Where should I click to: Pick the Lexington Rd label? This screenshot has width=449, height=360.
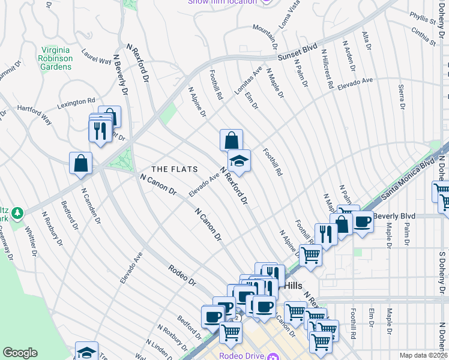click(x=76, y=103)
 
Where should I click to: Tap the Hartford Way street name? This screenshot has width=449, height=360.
click(x=34, y=116)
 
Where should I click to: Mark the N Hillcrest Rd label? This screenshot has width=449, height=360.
click(x=327, y=69)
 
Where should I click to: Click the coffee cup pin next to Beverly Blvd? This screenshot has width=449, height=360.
click(x=362, y=223)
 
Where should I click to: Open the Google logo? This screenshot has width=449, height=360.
click(x=20, y=353)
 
